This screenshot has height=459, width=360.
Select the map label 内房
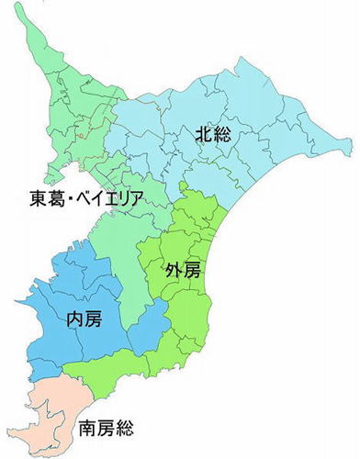point(84,319)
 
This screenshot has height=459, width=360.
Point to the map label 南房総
point(107,428)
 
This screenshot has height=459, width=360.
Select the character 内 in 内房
point(74,319)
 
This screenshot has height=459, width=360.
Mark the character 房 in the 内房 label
point(93,319)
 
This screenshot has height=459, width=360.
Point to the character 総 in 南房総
point(127,428)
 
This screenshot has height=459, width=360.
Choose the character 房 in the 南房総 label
point(107,428)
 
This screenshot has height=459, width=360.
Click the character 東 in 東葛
point(37,198)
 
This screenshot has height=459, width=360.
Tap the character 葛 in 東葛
point(56,198)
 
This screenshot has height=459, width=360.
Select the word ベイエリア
point(115,198)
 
